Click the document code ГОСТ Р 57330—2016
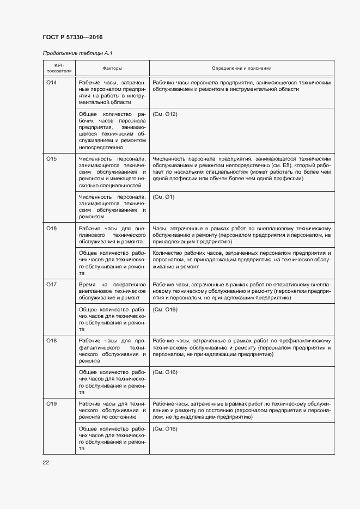tap(72, 37)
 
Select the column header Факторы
tap(112, 68)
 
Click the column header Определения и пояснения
tap(241, 68)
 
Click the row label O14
tap(52, 82)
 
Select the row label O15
tap(52, 158)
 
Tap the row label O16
tap(52, 228)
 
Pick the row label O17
tap(52, 285)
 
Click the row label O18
tap(52, 340)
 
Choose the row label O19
tap(52, 403)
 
